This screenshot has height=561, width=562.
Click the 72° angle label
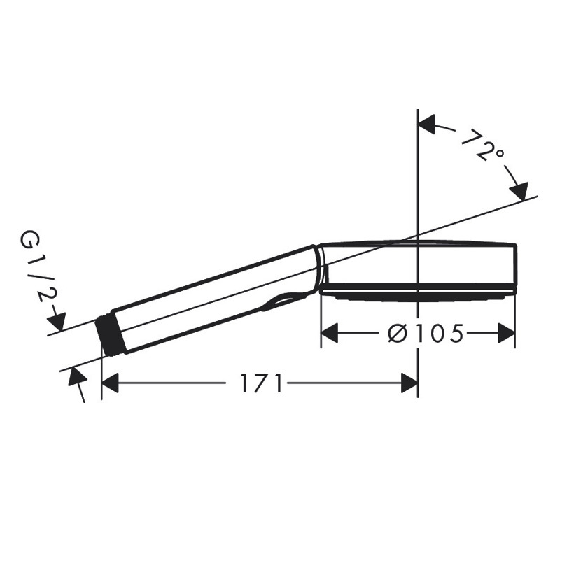[x=482, y=144]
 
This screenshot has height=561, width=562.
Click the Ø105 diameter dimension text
[x=426, y=333]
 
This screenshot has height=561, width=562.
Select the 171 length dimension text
[x=260, y=383]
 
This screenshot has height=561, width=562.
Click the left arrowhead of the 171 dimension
[x=111, y=383]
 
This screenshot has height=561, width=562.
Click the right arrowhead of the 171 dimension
[x=409, y=383]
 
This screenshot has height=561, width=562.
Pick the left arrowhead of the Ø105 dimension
[x=329, y=333]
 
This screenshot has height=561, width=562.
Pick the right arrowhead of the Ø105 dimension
[x=507, y=333]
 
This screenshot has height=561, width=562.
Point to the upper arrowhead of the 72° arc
[x=426, y=125]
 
